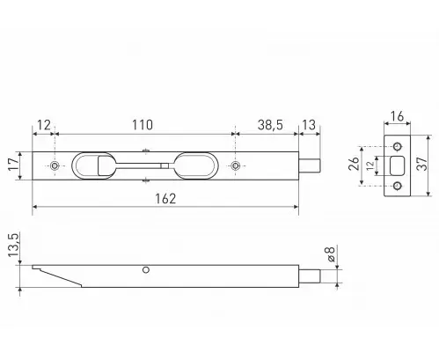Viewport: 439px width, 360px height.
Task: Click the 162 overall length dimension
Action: click(x=165, y=199)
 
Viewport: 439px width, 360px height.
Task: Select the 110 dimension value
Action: click(x=143, y=125)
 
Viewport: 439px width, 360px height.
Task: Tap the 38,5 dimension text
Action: click(x=270, y=125)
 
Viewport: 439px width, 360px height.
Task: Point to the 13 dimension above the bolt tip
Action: click(x=309, y=125)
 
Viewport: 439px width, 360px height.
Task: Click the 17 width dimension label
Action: click(x=13, y=165)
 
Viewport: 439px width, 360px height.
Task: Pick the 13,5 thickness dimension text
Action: click(x=13, y=245)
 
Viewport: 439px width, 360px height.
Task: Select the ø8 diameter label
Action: click(x=330, y=253)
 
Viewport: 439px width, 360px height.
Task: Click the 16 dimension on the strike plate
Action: click(x=397, y=116)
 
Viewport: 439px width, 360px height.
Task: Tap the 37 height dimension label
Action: click(x=421, y=164)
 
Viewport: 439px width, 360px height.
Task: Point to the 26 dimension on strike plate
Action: click(x=354, y=164)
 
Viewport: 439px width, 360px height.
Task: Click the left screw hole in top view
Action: click(x=55, y=165)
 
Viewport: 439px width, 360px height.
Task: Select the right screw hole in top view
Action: click(x=235, y=165)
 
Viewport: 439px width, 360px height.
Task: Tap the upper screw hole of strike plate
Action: click(x=398, y=146)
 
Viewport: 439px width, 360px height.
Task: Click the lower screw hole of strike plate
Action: click(x=398, y=186)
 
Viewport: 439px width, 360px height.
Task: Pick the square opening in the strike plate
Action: click(x=398, y=165)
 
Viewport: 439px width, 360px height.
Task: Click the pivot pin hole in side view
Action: click(x=146, y=269)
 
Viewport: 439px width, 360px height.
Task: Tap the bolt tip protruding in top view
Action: click(x=310, y=165)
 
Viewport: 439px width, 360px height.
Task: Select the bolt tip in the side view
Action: click(x=310, y=276)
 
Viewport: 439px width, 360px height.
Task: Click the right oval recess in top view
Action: click(x=195, y=165)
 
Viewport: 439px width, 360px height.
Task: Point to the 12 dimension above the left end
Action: click(x=44, y=125)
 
